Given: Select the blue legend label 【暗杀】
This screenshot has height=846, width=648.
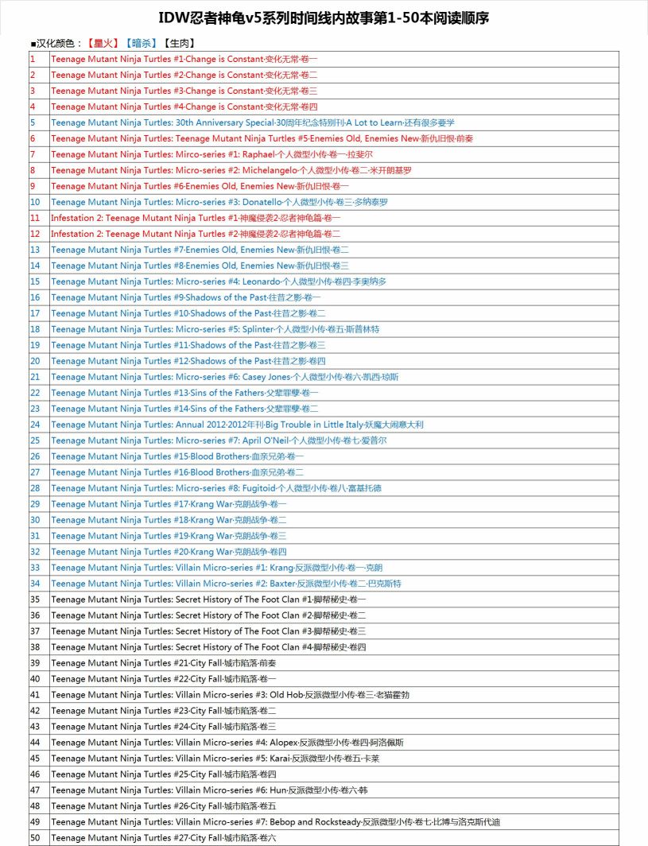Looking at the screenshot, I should coord(140,43).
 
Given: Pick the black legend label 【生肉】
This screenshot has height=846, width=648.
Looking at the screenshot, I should coord(178,43).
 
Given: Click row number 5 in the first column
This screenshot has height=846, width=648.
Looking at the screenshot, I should coord(33,122).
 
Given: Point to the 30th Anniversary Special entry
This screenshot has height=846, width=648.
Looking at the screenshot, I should coord(253,122).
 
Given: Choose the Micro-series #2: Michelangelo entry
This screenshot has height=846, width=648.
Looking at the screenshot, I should coord(231,170).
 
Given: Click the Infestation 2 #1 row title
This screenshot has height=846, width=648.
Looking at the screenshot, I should coord(196,218).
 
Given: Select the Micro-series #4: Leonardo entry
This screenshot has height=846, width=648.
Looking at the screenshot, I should coord(219,281).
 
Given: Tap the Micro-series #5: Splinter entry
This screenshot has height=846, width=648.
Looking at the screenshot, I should coord(215,329).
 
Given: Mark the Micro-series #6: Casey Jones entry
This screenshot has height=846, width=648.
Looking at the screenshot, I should coord(225,377).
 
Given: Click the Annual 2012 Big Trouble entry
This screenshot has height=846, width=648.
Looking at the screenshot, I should coord(237,425).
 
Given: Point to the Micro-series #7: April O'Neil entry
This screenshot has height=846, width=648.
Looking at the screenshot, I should coord(219,440).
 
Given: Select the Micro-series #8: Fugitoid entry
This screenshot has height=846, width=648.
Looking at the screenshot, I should coord(216,488).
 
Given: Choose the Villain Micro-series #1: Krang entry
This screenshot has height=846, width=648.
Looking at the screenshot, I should coord(216,568).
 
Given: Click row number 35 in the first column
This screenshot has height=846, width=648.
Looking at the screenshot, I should coord(35,600).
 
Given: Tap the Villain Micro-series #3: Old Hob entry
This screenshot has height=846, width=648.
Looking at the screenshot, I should coord(231,695).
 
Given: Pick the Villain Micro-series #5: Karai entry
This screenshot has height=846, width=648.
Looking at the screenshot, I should coord(215,759).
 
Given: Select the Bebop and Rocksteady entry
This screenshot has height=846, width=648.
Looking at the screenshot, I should coord(276,822).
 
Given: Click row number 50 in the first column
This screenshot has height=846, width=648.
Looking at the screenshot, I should coord(35,838).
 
